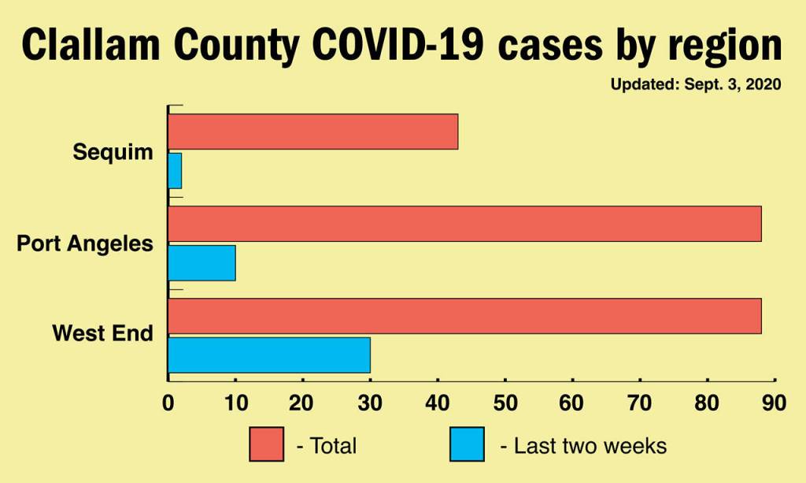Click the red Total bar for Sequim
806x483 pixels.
312,132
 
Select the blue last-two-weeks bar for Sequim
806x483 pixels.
175,171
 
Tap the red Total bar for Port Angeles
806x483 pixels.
464,224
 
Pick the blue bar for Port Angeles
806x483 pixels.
201,263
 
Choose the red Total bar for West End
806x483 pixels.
464,315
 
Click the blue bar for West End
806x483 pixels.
268,355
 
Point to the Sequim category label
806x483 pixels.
113,152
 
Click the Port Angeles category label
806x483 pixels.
85,243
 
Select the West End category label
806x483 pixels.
102,333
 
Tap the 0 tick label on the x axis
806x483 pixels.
168,403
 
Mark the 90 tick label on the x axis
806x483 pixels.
774,403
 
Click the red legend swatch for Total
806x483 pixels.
266,445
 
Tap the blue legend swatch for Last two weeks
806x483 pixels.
467,445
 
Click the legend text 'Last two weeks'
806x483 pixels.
590,446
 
